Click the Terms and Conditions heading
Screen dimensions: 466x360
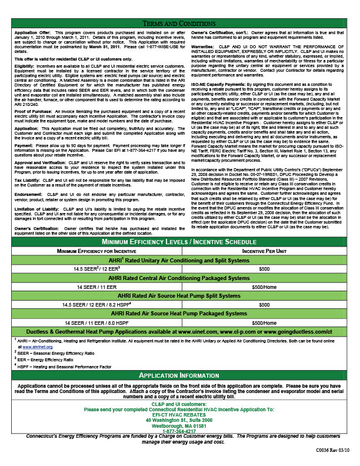179,21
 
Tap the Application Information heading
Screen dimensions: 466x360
179,375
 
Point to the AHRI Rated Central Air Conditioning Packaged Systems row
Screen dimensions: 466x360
179,277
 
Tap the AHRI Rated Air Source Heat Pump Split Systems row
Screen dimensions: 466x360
179,295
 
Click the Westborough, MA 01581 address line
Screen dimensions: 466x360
180,425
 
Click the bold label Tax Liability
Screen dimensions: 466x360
26,164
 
